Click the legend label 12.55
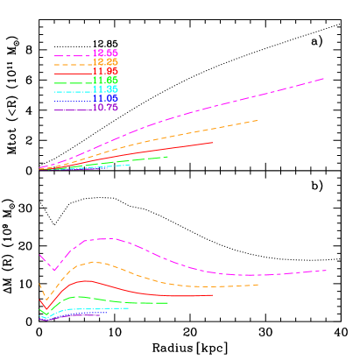pos(105,53)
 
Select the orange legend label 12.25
pos(105,62)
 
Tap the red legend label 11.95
pos(105,72)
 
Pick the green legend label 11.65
pos(105,81)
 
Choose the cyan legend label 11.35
pos(105,89)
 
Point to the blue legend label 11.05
pos(105,98)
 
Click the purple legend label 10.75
pos(105,108)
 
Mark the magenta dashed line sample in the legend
pos(72,55)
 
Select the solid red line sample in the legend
pos(72,74)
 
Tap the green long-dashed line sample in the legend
pos(72,82)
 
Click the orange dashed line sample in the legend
pos(72,64)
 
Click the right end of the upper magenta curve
pos(325,78)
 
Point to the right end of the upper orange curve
pos(258,120)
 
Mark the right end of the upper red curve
pos(213,142)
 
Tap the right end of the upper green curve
pos(167,157)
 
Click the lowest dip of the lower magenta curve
pos(53,270)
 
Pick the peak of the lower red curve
pos(85,280)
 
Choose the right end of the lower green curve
pos(167,303)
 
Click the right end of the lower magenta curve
pos(327,270)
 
